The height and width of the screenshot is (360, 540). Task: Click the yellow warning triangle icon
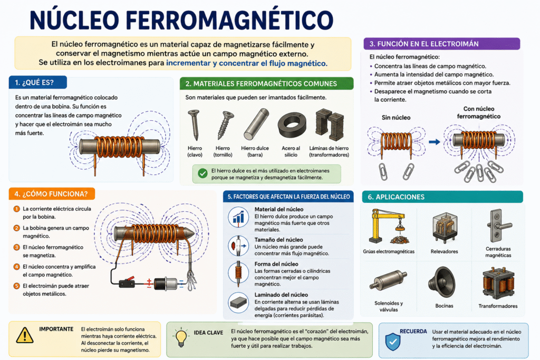[x=24, y=335]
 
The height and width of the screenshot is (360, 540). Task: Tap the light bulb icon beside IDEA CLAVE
[x=181, y=338]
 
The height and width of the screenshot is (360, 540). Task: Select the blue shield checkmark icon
[x=392, y=342]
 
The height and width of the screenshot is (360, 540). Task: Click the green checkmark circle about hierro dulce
[x=202, y=173]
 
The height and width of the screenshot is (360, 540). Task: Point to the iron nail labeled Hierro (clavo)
[x=195, y=124]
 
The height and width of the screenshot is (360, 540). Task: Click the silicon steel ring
[x=292, y=125]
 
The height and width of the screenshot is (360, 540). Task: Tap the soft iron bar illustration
[x=256, y=124]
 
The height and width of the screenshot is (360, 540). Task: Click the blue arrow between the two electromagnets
[x=435, y=141]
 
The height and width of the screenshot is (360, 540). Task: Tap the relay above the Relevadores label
[x=445, y=228]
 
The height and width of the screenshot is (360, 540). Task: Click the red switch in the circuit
[x=127, y=283]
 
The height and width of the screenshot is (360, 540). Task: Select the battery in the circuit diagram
[x=165, y=284]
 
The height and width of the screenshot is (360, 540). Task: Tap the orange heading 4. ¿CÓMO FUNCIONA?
[x=52, y=194]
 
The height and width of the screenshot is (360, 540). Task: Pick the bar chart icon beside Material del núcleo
[x=238, y=217]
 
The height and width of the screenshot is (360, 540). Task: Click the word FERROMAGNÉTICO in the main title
[x=229, y=20]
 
